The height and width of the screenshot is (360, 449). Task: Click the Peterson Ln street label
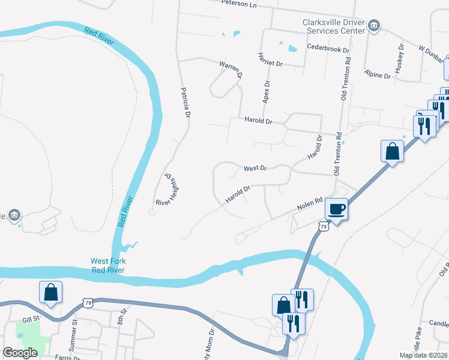(x=238, y=4)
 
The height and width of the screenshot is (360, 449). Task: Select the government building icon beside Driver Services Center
(x=375, y=25)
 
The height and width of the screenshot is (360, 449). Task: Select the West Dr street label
(x=255, y=168)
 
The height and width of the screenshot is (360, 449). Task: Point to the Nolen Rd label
(x=310, y=205)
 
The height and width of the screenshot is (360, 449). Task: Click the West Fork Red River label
(x=108, y=265)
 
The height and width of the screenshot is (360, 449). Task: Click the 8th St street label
(x=124, y=313)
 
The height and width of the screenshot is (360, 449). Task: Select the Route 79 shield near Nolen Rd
(x=323, y=226)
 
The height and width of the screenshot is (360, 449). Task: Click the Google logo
(x=20, y=353)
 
